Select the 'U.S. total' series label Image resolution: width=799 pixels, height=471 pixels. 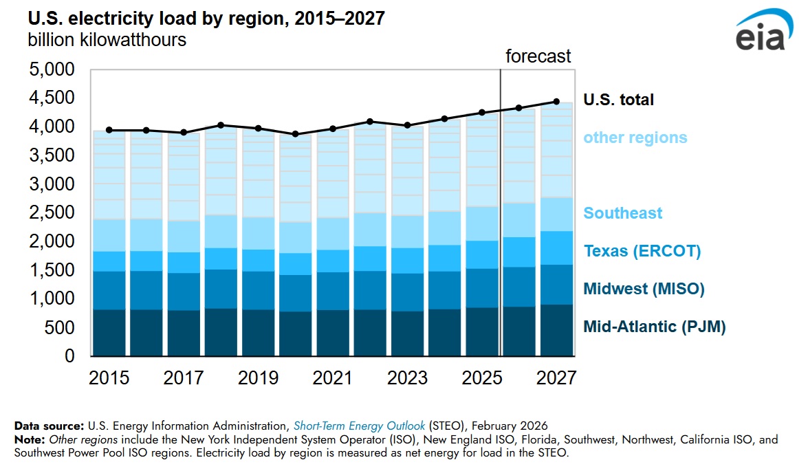[x=618, y=100]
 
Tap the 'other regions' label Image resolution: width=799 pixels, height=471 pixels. [x=635, y=138]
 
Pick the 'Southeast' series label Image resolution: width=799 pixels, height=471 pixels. [x=622, y=213]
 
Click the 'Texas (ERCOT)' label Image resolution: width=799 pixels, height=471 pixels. [x=642, y=251]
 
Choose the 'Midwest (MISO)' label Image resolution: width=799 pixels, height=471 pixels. [x=644, y=289]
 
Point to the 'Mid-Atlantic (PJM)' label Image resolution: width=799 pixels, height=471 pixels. [x=654, y=327]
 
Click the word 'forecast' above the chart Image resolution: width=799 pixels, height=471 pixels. [x=538, y=56]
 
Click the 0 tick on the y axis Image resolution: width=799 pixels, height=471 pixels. [x=69, y=356]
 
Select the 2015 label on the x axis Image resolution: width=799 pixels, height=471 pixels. [x=109, y=378]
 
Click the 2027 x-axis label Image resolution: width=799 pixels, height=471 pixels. [x=556, y=378]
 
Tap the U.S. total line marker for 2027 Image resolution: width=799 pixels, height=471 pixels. [x=556, y=102]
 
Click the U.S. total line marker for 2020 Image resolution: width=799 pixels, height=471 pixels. [x=296, y=134]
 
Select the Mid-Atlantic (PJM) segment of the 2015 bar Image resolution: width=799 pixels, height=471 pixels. [x=109, y=333]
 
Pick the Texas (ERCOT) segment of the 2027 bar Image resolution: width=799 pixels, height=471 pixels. [x=556, y=248]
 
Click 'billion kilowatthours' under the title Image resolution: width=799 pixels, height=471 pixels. [x=107, y=40]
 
